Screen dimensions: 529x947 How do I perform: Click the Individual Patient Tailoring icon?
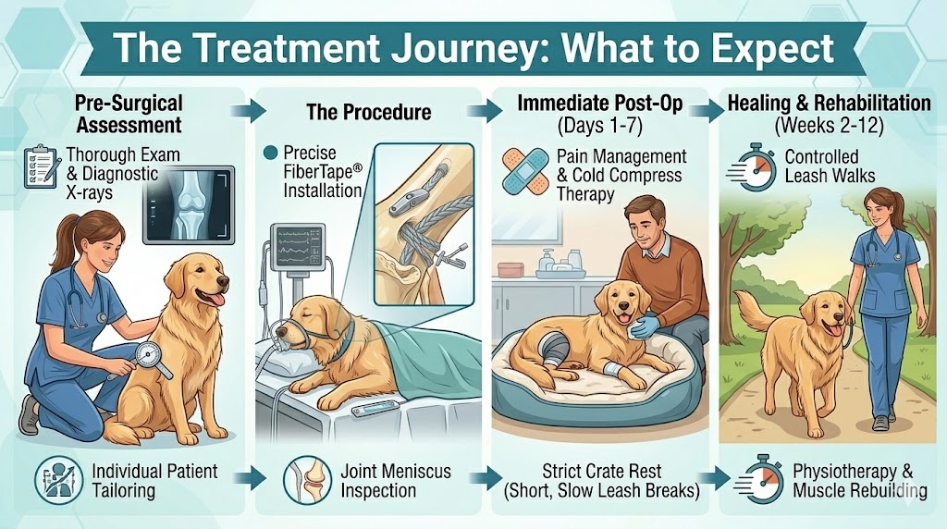tap(59, 479)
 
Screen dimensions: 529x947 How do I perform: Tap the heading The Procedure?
tap(369, 113)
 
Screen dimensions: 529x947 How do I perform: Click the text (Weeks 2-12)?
tap(830, 123)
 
